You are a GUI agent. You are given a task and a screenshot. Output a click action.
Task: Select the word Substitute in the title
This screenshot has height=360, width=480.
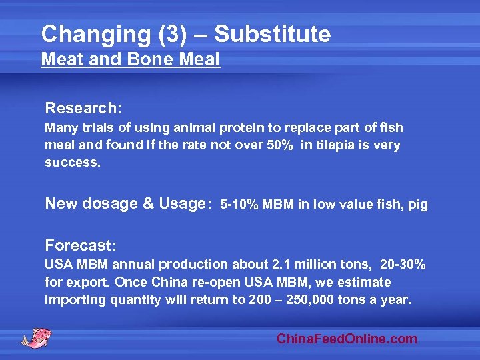pyautogui.click(x=272, y=34)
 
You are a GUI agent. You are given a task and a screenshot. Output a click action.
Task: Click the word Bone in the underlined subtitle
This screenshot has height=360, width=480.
pyautogui.click(x=139, y=60)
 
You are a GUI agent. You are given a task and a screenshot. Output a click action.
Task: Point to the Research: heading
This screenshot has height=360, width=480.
pyautogui.click(x=83, y=107)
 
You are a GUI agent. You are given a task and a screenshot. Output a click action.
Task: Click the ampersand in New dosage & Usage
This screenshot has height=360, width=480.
pyautogui.click(x=147, y=204)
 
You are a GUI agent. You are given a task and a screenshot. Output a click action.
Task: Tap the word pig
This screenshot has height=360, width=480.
pyautogui.click(x=417, y=205)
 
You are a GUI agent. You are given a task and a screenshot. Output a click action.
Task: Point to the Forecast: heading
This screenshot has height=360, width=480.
pyautogui.click(x=81, y=245)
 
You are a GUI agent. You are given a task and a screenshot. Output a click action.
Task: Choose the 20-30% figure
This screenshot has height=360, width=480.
pyautogui.click(x=403, y=265)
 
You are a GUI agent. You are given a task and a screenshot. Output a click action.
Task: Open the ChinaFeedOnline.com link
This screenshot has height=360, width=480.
pyautogui.click(x=347, y=339)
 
